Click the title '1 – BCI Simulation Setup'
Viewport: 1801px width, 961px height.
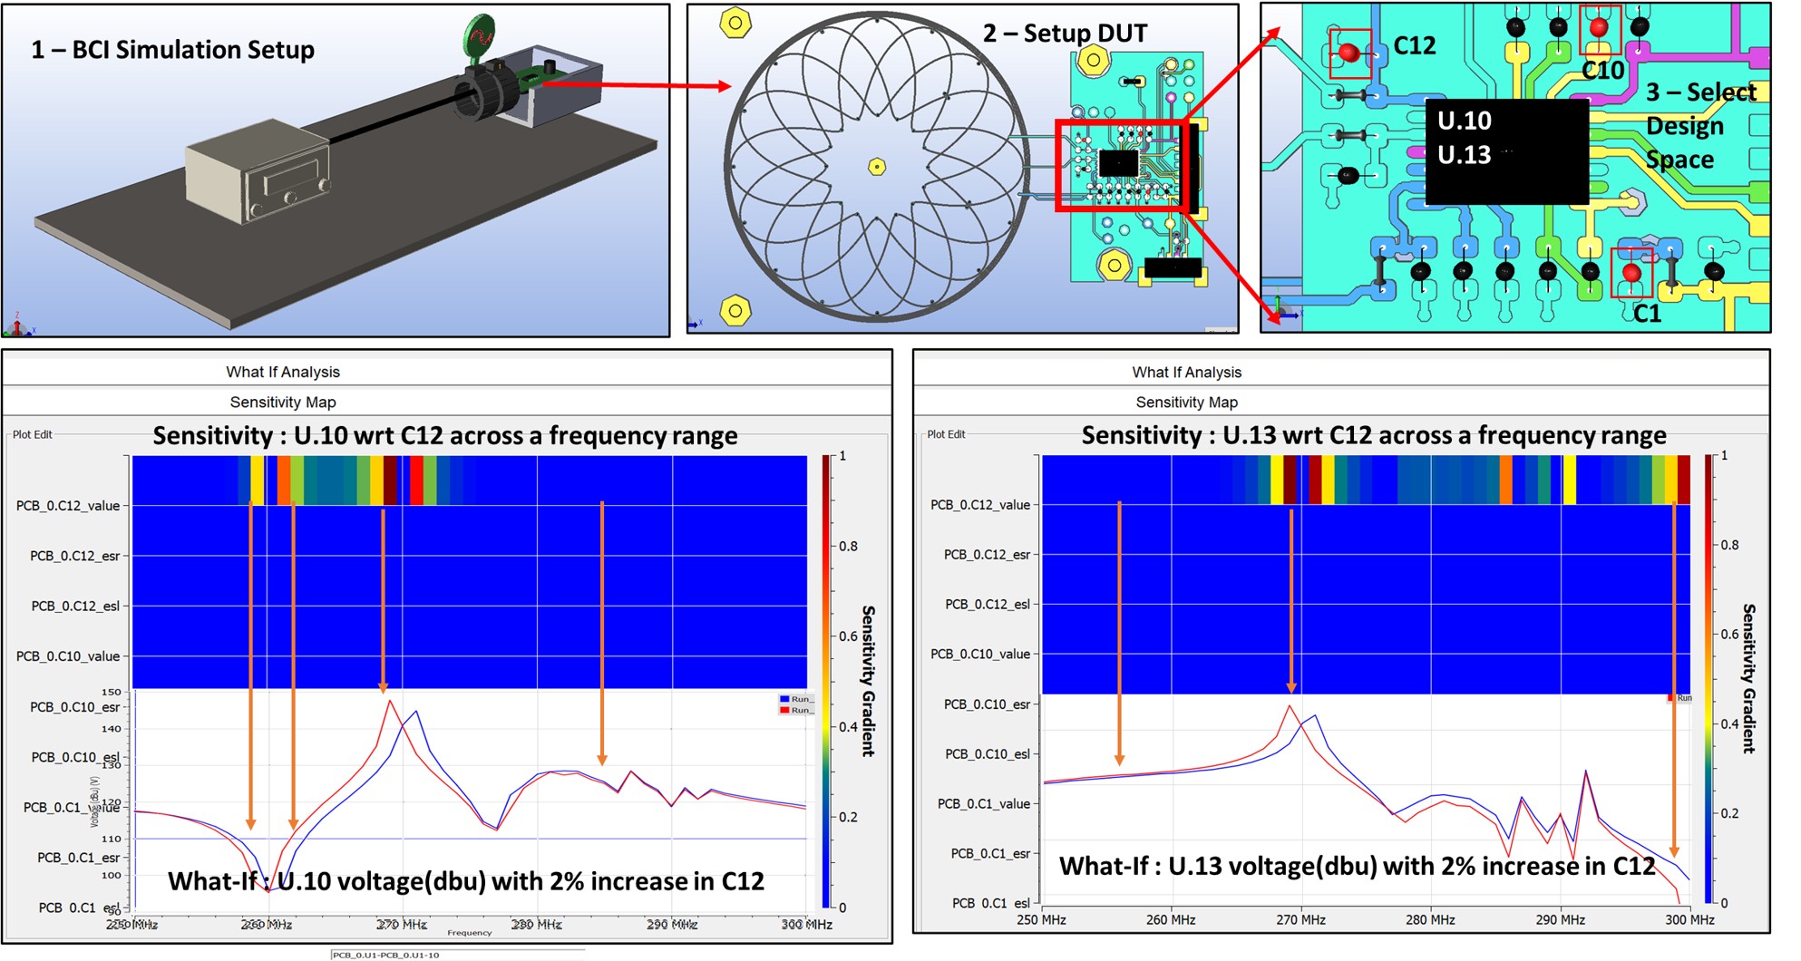172,50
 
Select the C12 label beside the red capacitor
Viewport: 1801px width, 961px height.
1414,45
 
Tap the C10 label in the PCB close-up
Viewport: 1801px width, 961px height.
1602,71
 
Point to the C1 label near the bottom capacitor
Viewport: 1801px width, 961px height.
1647,314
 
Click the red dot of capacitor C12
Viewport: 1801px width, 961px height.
1348,53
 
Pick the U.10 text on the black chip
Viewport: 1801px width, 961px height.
1464,121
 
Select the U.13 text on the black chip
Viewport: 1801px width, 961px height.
1464,155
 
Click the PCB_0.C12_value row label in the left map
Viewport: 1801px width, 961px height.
68,506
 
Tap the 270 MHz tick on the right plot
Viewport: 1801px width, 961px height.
1300,919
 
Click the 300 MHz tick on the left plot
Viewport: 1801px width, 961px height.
806,925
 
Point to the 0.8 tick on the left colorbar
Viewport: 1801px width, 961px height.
848,547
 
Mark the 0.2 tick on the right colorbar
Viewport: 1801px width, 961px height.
1728,813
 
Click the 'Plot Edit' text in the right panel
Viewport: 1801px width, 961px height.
946,434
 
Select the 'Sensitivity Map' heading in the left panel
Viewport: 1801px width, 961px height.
283,403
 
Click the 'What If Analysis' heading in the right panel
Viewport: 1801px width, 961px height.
1186,373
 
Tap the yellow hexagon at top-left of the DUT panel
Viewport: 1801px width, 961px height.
735,23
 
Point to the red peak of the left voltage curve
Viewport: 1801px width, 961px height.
389,700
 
